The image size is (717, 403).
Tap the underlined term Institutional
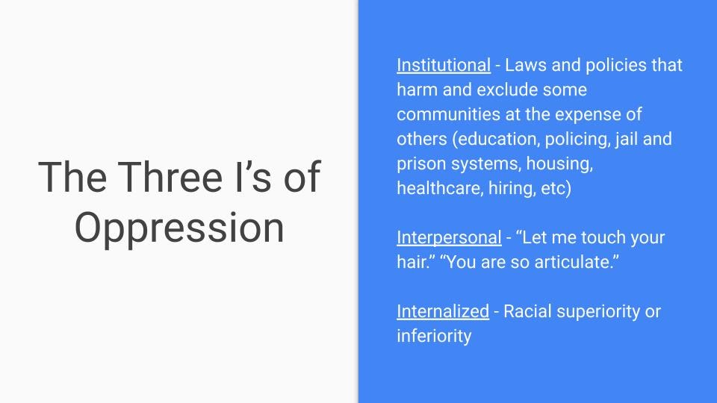(444, 65)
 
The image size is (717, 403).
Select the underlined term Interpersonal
(449, 237)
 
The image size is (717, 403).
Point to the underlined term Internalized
(443, 311)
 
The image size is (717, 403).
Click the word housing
(559, 164)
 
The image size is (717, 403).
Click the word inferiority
(434, 337)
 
